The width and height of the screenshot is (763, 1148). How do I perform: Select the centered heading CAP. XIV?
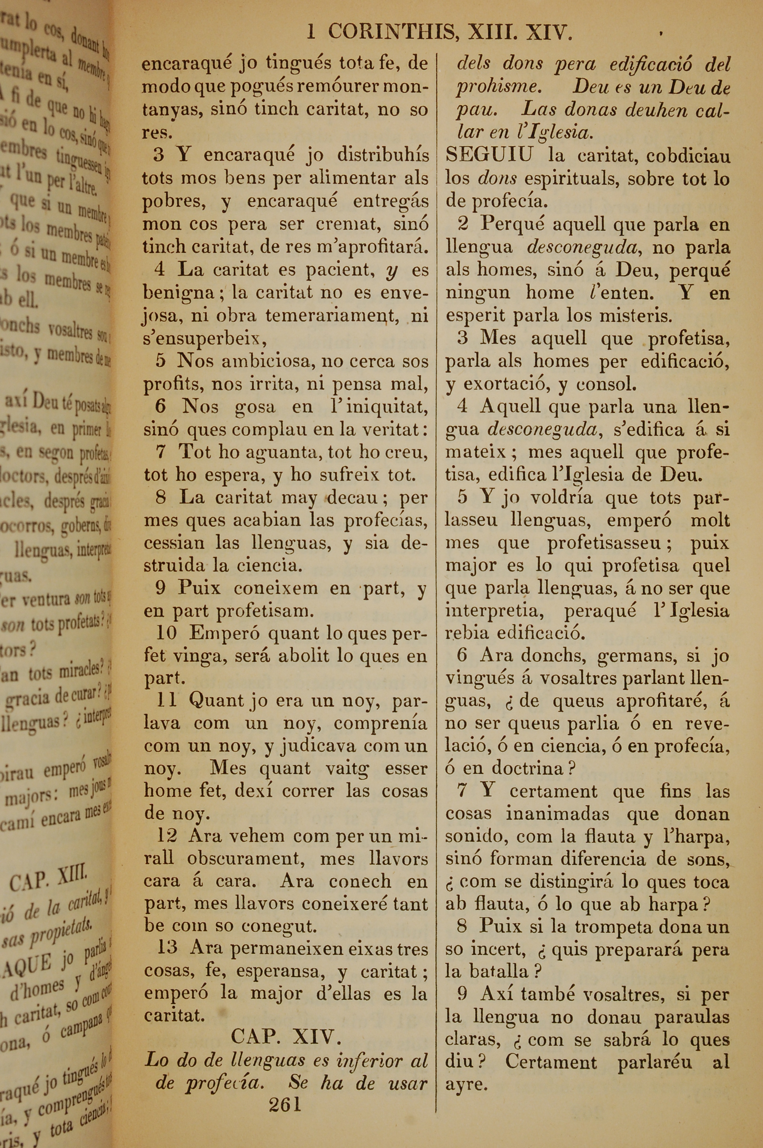point(286,1037)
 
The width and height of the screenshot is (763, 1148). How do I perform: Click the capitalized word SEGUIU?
point(489,156)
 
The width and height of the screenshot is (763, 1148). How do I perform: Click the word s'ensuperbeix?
point(205,339)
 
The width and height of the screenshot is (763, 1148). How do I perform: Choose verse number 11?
point(166,700)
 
